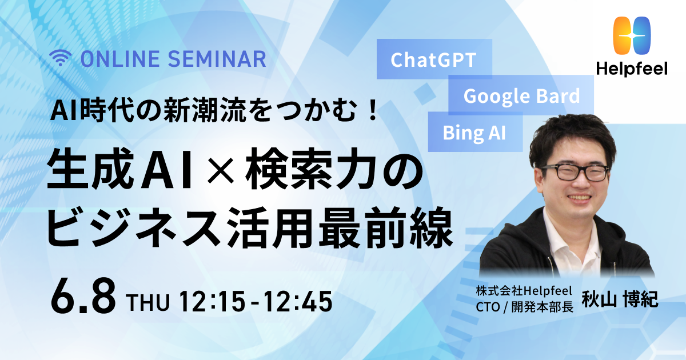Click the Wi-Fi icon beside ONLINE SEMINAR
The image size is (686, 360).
tap(61, 58)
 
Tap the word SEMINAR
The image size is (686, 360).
tap(217, 59)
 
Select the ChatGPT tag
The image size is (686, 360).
tap(434, 59)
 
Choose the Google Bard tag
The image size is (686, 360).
tap(521, 95)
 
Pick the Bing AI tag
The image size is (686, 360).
tap(474, 132)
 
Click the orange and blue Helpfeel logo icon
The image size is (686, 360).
tap(632, 35)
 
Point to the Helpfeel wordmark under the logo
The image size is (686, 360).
tap(632, 69)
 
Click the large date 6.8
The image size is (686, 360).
tap(83, 298)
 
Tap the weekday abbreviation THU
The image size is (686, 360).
tap(148, 302)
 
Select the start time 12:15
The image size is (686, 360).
tap(212, 301)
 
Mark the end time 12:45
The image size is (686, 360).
tap(298, 301)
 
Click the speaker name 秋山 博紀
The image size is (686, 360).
tap(620, 299)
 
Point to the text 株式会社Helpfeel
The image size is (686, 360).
tap(524, 290)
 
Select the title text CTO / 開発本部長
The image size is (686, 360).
tap(525, 307)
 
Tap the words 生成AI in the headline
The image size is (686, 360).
tap(119, 169)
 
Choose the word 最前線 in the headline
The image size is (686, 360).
tap(386, 227)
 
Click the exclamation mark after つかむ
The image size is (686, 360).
tap(373, 110)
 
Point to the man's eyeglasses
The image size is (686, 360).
tap(574, 172)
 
